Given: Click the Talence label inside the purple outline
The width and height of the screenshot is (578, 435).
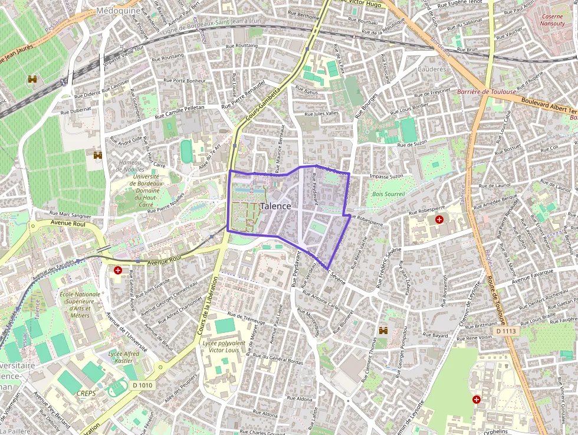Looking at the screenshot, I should [x=275, y=206].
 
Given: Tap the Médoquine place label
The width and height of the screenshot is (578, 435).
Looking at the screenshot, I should [x=119, y=11].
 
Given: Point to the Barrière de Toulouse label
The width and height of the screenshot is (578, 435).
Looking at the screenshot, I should [x=487, y=91].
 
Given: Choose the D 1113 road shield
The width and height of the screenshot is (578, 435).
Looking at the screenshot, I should [x=506, y=332].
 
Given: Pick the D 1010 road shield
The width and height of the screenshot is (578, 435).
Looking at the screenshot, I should [x=142, y=385].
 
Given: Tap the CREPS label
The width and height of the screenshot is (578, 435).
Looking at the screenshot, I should [x=87, y=391].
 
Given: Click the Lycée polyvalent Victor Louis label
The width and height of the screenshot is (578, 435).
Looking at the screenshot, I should [x=224, y=346].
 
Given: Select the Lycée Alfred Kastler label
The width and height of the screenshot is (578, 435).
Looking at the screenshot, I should [x=124, y=357].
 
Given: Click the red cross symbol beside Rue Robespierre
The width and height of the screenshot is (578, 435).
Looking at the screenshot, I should [x=439, y=220].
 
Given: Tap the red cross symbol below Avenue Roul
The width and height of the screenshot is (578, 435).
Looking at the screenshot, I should [x=119, y=271].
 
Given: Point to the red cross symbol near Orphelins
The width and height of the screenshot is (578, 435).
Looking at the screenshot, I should [x=476, y=400].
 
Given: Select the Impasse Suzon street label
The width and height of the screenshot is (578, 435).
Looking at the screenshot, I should [x=386, y=176].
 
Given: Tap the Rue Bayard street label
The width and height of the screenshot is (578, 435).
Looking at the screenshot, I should [x=436, y=335].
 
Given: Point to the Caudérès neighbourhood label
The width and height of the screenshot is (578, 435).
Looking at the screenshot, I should [x=432, y=68].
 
